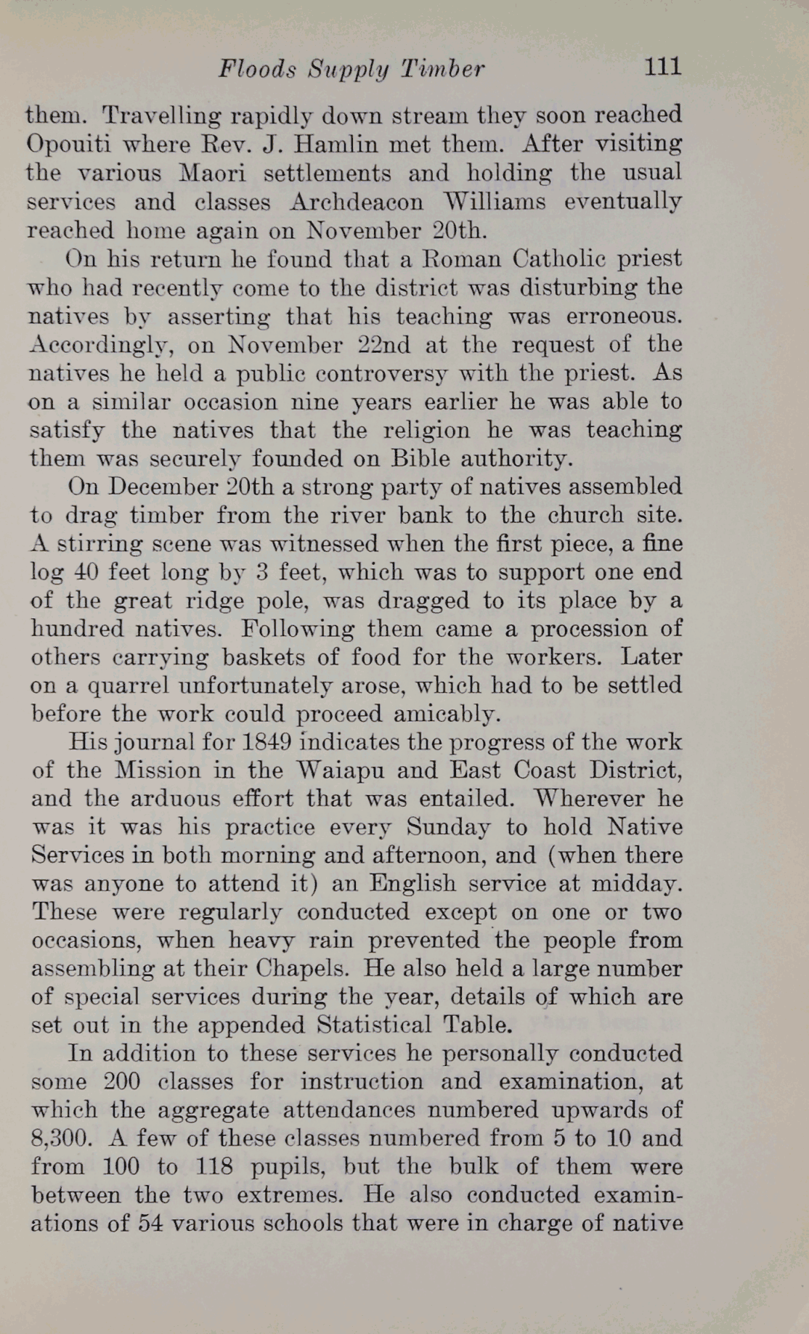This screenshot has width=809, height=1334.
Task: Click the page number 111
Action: click(662, 67)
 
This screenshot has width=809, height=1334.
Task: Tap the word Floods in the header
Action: click(258, 69)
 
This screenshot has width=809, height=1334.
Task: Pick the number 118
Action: click(214, 1167)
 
